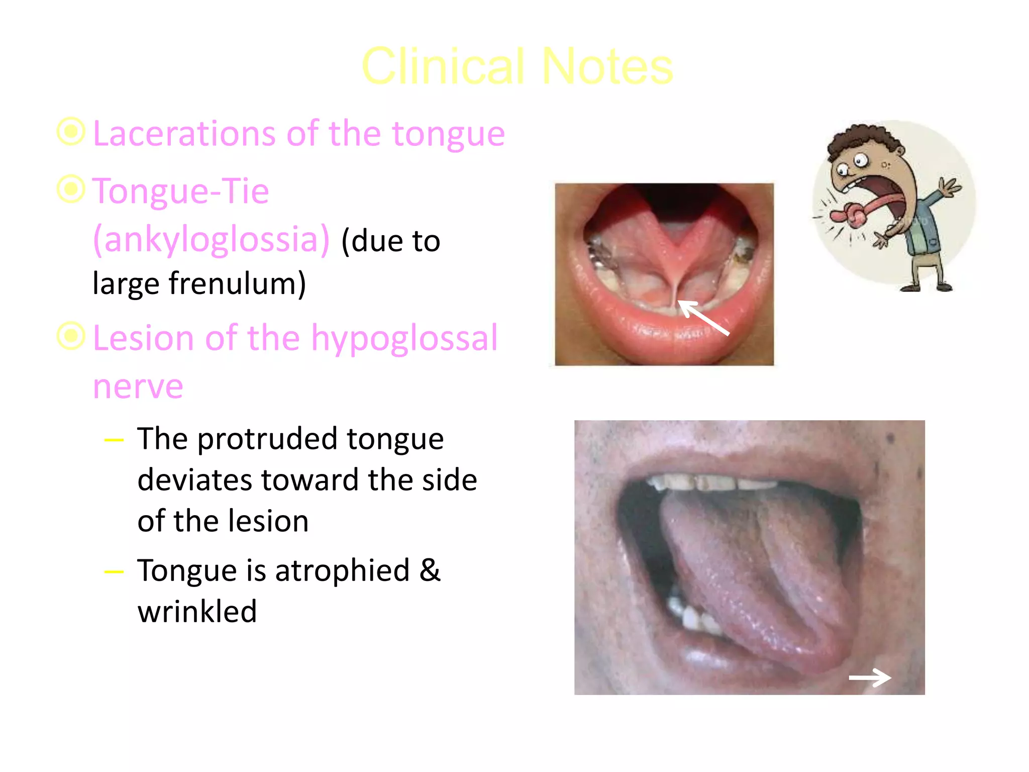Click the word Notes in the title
point(607,66)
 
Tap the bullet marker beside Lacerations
point(71,132)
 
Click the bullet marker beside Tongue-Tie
point(71,189)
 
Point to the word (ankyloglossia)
point(212,240)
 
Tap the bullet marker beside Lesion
point(71,336)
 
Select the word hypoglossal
point(404,338)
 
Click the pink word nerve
point(138,387)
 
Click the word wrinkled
point(197,612)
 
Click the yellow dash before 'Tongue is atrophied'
point(114,572)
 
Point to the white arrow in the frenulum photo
point(703,318)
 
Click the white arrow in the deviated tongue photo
point(870,678)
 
